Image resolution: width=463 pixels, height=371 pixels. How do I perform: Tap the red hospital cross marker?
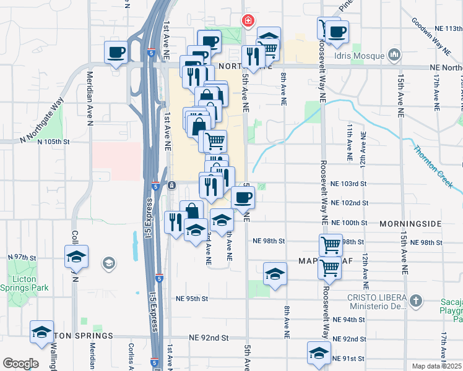coord(248,21)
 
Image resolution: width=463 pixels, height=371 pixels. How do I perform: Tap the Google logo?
coord(20,364)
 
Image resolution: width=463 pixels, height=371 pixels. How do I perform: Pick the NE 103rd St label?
coord(348,184)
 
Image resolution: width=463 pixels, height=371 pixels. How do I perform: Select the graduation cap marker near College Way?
coord(76,256)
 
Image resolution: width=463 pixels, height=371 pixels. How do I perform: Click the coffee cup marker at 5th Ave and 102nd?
coord(243,198)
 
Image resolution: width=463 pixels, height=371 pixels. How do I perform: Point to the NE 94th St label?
coord(348,320)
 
